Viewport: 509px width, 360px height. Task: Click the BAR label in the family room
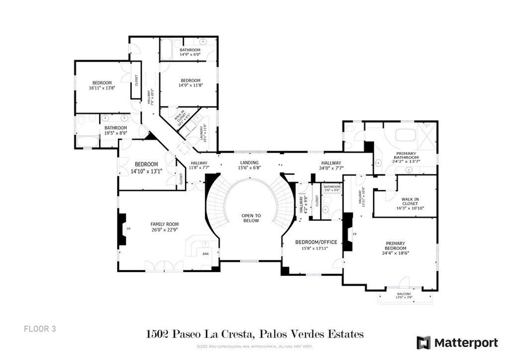tap(206, 254)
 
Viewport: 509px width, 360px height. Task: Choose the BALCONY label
tap(404, 294)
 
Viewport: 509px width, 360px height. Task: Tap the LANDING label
tap(249, 163)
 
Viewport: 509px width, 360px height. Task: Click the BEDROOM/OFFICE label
tap(316, 242)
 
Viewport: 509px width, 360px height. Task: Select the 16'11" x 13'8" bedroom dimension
tap(102, 88)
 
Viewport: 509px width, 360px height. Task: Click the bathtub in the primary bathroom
tap(408, 135)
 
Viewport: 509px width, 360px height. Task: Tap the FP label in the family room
tap(129, 229)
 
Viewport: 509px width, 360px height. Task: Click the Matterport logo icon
tap(424, 343)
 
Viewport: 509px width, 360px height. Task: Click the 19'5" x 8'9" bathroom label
tap(116, 133)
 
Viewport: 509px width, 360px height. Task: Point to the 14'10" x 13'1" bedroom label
tap(147, 171)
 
